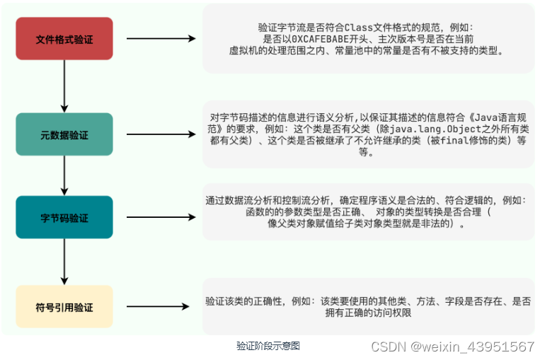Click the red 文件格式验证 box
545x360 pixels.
tap(64, 39)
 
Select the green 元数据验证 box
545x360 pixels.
tap(64, 134)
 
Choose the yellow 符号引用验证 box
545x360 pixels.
tap(64, 307)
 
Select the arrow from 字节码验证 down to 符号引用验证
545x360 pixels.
tap(64, 262)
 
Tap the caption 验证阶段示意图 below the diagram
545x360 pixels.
tap(268, 346)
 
